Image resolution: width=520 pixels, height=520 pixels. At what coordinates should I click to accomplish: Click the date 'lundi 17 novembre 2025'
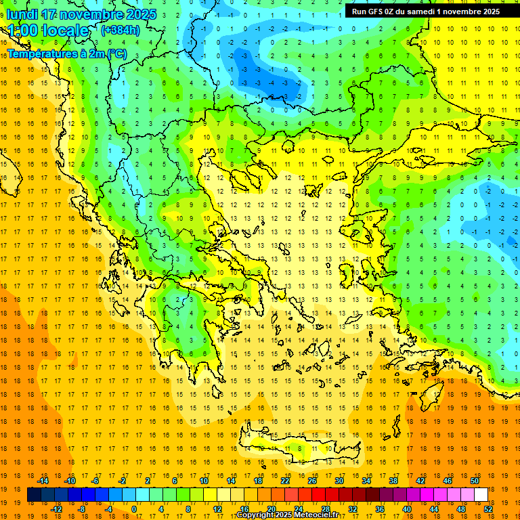(81, 14)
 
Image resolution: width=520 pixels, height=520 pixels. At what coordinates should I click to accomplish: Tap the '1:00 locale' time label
(48, 31)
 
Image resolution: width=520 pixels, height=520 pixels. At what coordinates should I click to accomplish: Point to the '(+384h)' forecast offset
(121, 30)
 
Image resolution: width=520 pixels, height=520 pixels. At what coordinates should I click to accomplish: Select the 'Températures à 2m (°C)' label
(66, 53)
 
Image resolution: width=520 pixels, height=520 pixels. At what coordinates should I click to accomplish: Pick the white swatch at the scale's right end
(481, 495)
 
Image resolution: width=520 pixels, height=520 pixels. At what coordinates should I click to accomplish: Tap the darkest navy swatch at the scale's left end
(34, 495)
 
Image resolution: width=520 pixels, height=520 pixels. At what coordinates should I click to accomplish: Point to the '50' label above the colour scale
(474, 481)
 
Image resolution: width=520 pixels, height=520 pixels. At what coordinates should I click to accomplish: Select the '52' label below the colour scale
(488, 509)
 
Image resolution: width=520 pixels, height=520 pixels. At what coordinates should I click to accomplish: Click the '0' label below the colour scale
(133, 509)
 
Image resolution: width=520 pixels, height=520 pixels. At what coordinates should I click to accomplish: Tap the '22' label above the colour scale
(285, 481)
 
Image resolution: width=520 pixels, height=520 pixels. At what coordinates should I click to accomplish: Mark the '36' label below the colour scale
(380, 509)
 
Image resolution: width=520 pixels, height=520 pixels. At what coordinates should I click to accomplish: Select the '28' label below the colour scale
(326, 509)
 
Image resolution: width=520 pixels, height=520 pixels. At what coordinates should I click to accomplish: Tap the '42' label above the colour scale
(420, 481)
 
